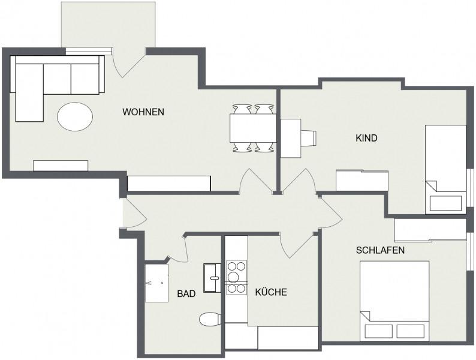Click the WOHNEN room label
pos(143,112)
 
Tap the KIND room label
pos(366,138)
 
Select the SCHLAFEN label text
pos(380,250)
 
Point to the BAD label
pos(186,294)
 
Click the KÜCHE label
pos(271,292)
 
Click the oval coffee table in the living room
pos(75,116)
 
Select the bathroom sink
pos(212,278)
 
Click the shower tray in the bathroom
pos(156,283)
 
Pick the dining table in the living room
pos(253,128)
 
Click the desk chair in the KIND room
pos(309,138)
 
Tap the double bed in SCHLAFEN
pos(394,301)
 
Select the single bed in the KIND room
pos(445,170)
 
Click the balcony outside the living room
pos(109,25)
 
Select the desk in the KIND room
pos(291,138)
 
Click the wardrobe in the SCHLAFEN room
pos(430,230)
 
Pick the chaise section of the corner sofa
pos(29,92)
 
